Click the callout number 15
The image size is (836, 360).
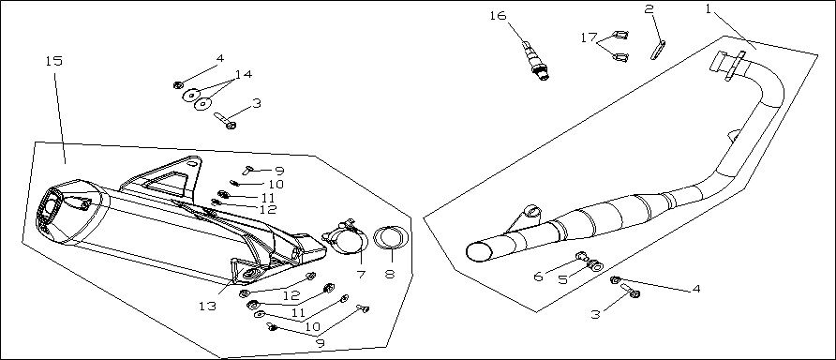point(53,61)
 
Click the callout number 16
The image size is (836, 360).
point(498,15)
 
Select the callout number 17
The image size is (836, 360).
point(589,37)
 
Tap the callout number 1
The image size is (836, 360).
point(708,9)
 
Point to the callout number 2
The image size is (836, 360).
point(649,9)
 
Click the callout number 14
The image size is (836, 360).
point(244,74)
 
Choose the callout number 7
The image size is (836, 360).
point(361,275)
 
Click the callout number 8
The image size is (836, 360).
point(390,274)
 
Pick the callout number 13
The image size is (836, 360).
point(207,307)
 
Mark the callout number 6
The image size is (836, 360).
point(538,277)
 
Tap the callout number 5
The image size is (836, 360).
point(563,280)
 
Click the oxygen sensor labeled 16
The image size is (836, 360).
point(535,60)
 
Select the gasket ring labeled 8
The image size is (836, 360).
point(392,238)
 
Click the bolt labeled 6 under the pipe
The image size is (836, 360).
point(582,257)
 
